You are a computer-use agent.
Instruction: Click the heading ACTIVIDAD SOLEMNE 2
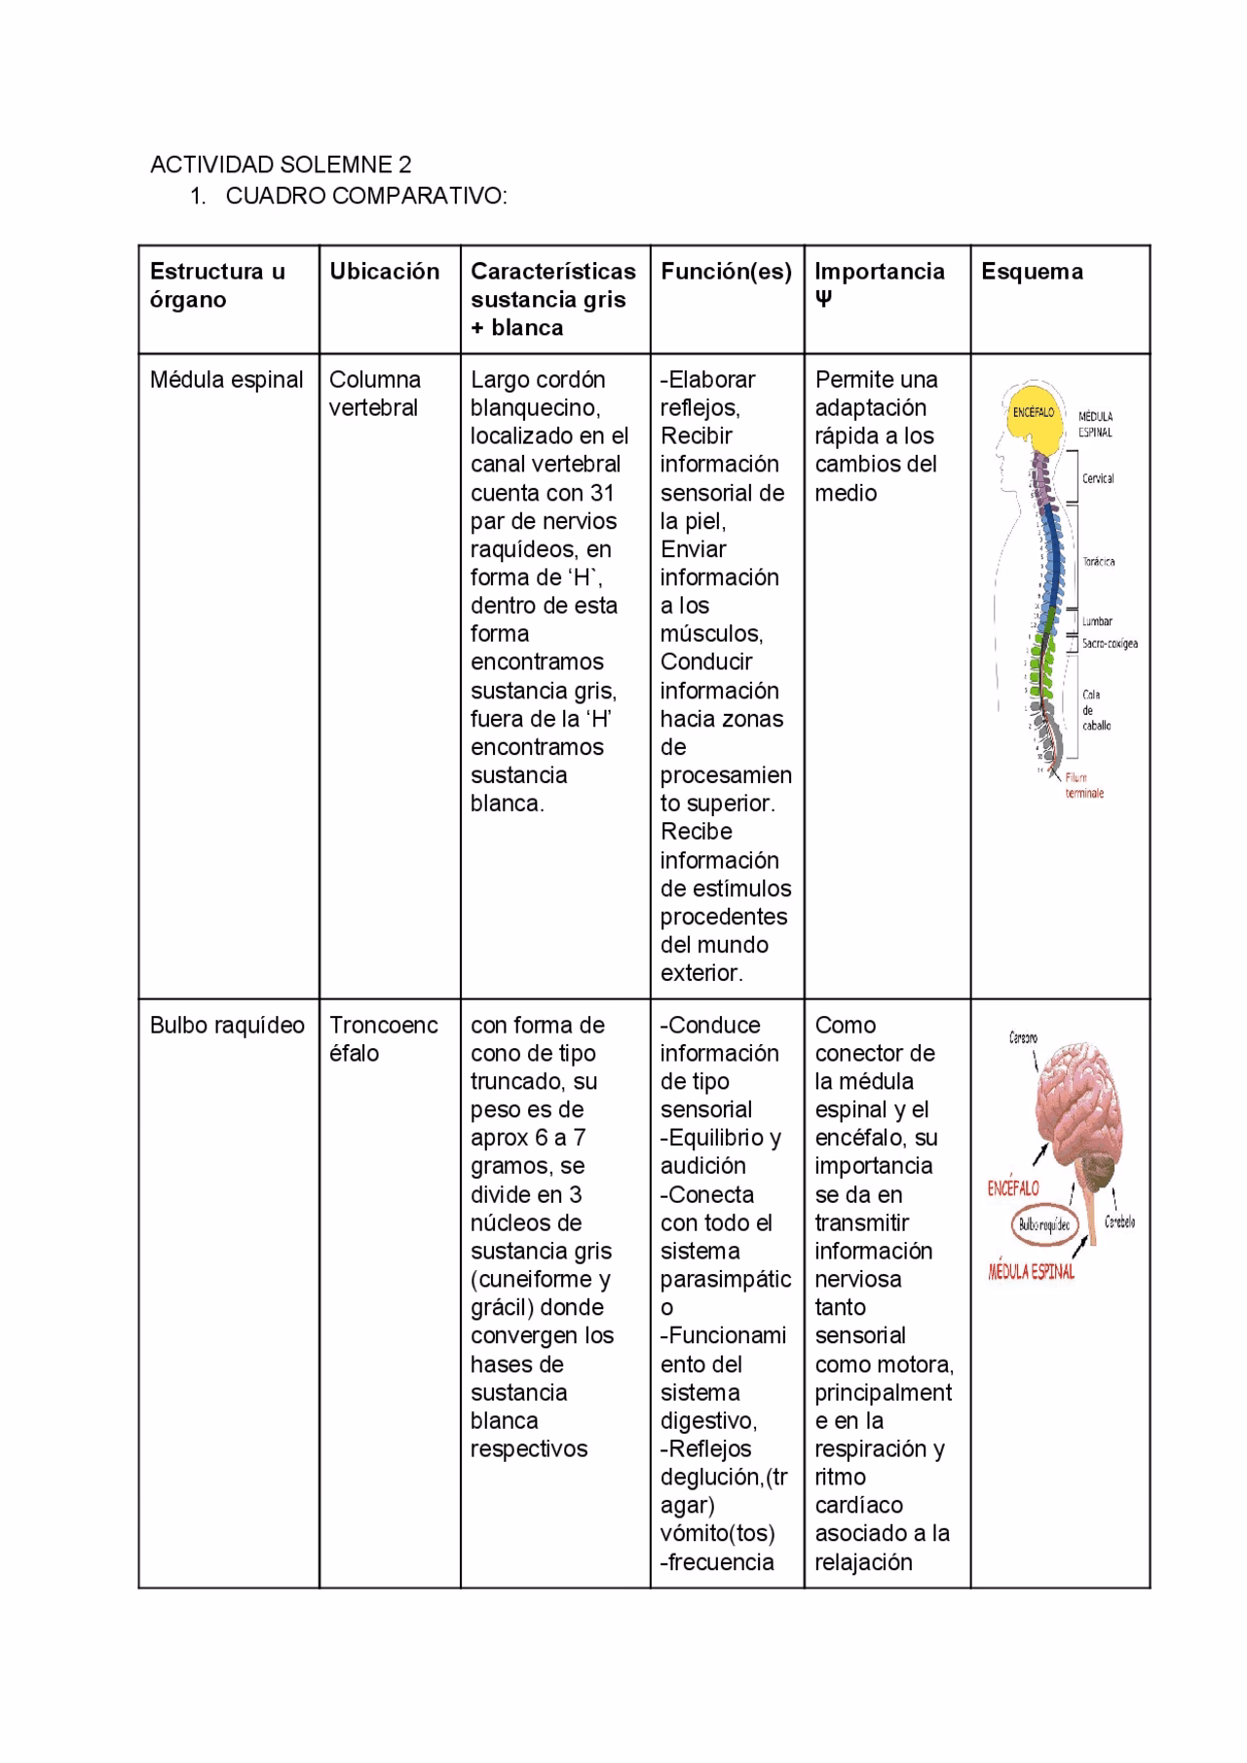(x=281, y=164)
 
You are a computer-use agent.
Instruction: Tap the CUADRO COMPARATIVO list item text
(x=366, y=196)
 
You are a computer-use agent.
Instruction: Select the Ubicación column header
(x=384, y=272)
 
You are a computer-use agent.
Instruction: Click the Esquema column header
(x=1032, y=272)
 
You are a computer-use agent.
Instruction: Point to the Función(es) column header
(x=726, y=272)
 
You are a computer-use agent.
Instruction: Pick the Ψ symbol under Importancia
(x=823, y=299)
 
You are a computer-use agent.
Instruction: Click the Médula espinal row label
(x=226, y=380)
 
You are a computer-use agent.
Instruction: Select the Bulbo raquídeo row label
(x=227, y=1025)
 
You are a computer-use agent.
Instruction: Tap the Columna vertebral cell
(x=375, y=394)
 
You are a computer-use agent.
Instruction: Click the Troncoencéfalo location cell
(x=383, y=1039)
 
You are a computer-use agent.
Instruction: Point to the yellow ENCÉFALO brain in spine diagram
(x=1033, y=413)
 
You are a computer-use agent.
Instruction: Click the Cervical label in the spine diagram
(x=1098, y=478)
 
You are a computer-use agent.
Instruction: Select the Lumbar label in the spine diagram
(x=1097, y=621)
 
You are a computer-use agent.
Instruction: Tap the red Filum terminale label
(x=1083, y=786)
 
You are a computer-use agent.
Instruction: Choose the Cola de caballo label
(x=1096, y=710)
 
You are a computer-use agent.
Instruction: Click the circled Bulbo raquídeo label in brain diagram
(x=1044, y=1226)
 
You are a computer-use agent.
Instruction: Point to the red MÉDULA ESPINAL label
(x=1031, y=1272)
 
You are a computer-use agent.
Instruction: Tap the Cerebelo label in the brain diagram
(x=1119, y=1221)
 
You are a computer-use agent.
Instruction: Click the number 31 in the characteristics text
(x=601, y=493)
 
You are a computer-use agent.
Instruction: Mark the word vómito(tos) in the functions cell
(x=718, y=1533)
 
